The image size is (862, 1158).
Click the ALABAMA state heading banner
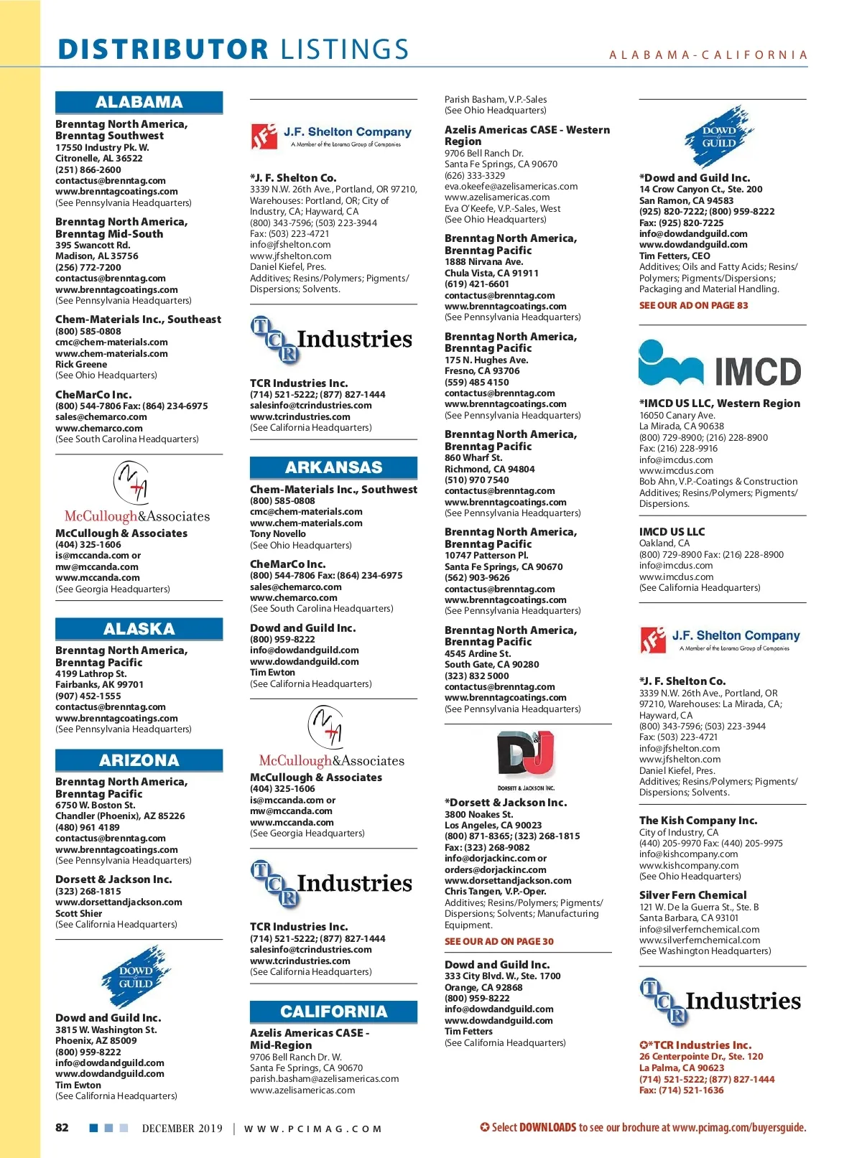[x=139, y=102]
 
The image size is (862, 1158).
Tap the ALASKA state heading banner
[x=139, y=629]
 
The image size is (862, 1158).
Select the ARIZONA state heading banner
[x=139, y=760]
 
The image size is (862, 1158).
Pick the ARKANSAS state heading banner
[x=333, y=467]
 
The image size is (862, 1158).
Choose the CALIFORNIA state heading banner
[x=333, y=1012]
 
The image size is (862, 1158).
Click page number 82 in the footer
[x=62, y=1127]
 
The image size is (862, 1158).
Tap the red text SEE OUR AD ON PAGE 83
[x=693, y=305]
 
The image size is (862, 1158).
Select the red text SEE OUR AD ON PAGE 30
[x=499, y=941]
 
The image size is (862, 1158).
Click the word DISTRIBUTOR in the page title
[x=163, y=50]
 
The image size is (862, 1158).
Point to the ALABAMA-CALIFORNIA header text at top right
[x=708, y=55]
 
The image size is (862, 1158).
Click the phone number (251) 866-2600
[x=88, y=169]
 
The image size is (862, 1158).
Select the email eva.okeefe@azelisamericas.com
[x=511, y=186]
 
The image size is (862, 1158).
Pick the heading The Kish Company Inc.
[x=698, y=820]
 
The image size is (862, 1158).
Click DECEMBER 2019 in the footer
[x=182, y=1128]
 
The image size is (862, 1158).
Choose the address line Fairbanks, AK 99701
[x=99, y=685]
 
